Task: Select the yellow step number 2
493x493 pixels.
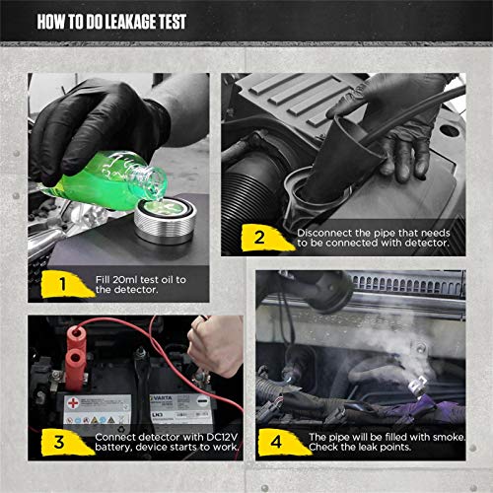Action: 259,237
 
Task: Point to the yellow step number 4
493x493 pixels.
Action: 279,440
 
